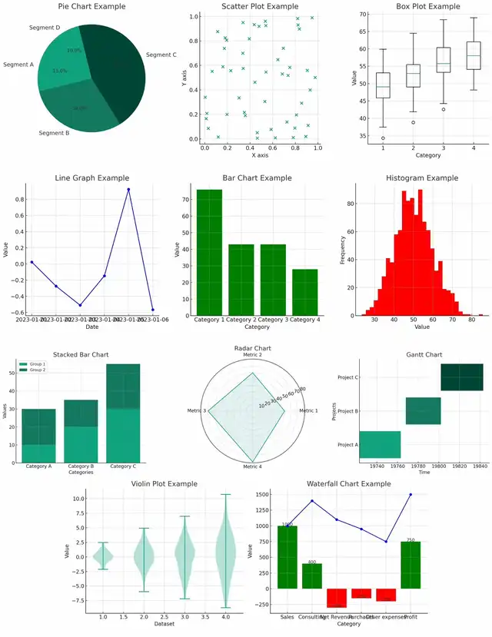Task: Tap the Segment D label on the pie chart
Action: [45, 28]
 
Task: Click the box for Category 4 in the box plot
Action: [473, 55]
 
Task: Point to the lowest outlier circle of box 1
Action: [383, 138]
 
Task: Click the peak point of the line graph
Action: [128, 189]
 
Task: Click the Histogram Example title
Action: [421, 177]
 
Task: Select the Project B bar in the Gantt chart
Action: [423, 411]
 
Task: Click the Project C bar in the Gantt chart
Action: [462, 377]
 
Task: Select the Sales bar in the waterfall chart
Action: [288, 557]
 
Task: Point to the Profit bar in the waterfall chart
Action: [410, 565]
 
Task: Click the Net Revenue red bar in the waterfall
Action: [336, 597]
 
